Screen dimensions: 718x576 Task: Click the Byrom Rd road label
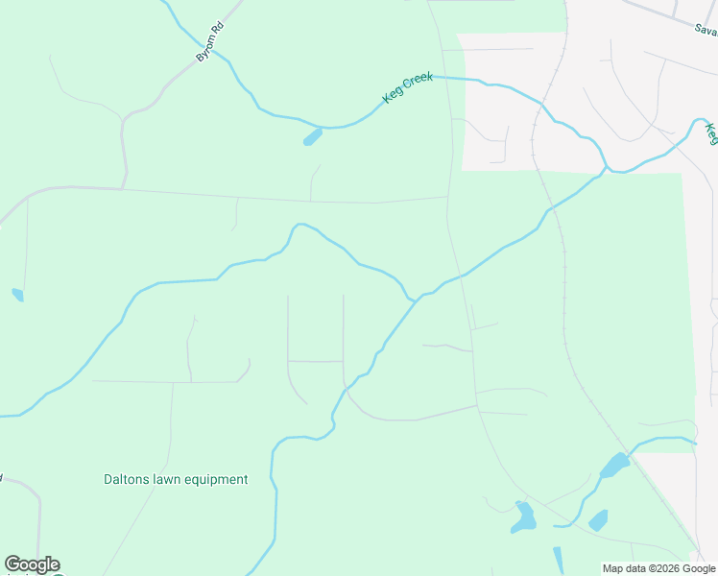(209, 43)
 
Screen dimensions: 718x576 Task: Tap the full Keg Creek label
(408, 88)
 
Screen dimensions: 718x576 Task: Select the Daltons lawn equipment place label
(176, 479)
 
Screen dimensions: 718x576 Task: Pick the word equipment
(217, 479)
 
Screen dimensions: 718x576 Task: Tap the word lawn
(170, 479)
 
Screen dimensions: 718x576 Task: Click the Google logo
(32, 564)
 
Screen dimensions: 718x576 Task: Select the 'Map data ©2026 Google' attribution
(659, 568)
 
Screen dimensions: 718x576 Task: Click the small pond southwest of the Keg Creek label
(312, 137)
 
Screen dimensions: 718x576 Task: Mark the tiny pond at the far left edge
(17, 295)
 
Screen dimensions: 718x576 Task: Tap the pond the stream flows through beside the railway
(614, 466)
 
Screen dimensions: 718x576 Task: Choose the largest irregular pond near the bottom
(524, 518)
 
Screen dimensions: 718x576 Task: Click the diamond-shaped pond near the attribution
(598, 520)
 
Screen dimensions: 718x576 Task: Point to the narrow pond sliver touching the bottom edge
(558, 560)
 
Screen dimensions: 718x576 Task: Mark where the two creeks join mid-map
(415, 300)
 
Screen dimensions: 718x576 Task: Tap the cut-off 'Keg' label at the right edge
(711, 133)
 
